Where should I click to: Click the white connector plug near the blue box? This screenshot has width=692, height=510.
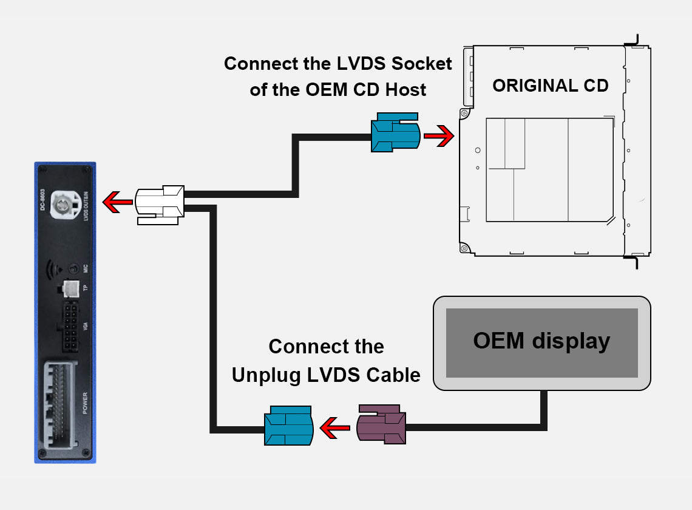158,205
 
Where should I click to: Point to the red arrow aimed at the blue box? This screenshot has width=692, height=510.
118,202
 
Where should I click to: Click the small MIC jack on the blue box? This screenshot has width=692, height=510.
73,268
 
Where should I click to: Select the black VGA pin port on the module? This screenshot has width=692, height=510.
68,328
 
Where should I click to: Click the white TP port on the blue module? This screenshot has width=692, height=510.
71,288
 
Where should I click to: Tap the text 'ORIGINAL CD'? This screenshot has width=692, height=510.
550,86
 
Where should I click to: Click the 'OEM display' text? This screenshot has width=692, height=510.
541,341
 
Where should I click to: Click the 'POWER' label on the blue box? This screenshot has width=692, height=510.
85,403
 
